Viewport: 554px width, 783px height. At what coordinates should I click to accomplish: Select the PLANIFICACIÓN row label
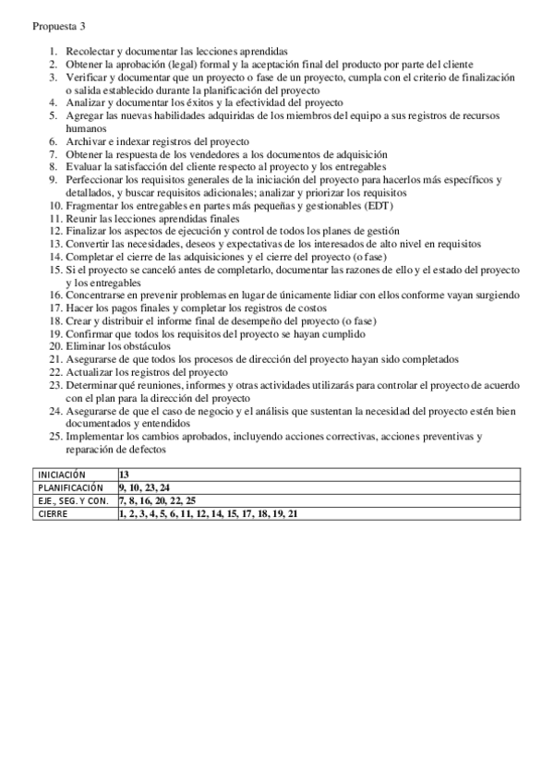click(70, 486)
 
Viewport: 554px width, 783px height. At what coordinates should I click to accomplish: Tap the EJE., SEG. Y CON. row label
click(73, 500)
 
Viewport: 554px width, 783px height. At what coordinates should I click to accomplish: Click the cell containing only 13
click(125, 473)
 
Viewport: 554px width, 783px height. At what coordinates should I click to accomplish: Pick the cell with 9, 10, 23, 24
click(143, 486)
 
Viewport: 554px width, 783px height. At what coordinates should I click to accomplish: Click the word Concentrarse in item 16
click(99, 295)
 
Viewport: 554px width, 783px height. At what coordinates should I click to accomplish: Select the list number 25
click(54, 436)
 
